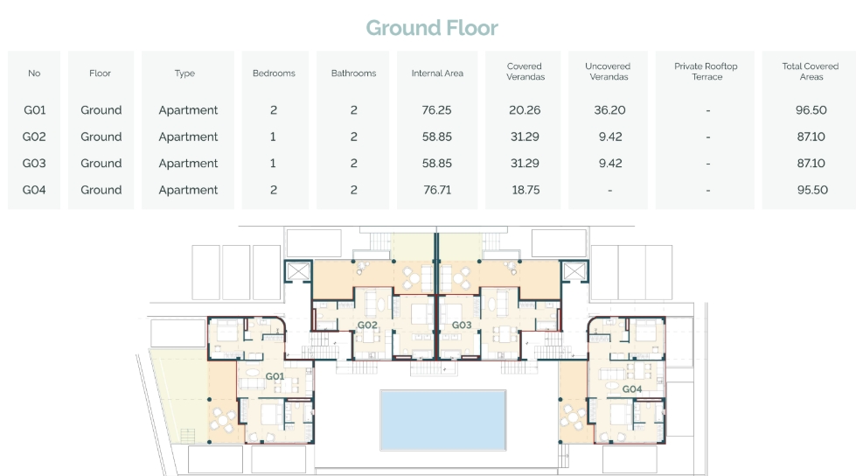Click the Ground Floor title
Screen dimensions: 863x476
pyautogui.click(x=432, y=27)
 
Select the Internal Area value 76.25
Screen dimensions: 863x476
pyautogui.click(x=436, y=110)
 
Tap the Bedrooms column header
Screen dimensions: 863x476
pyautogui.click(x=274, y=73)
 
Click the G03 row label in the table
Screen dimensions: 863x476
pyautogui.click(x=34, y=163)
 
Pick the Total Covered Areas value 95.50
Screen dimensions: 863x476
pyautogui.click(x=811, y=190)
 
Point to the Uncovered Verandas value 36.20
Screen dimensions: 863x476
pyautogui.click(x=609, y=110)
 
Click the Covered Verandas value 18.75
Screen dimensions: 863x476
pyautogui.click(x=525, y=190)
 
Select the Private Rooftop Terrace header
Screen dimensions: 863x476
pyautogui.click(x=706, y=72)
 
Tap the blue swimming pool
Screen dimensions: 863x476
pyautogui.click(x=443, y=420)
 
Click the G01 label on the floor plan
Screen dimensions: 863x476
pyautogui.click(x=275, y=376)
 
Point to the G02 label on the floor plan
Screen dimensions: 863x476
pyautogui.click(x=367, y=325)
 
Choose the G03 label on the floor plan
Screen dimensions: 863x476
pyautogui.click(x=462, y=325)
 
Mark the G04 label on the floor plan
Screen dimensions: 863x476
pyautogui.click(x=632, y=389)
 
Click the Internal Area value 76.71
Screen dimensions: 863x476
pyautogui.click(x=437, y=190)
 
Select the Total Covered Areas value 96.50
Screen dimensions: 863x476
pyautogui.click(x=811, y=110)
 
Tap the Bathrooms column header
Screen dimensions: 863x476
pyautogui.click(x=353, y=73)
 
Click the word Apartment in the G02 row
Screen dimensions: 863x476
pyautogui.click(x=188, y=136)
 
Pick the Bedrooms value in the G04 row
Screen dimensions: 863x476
pyautogui.click(x=274, y=190)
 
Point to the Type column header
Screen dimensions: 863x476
pyautogui.click(x=185, y=73)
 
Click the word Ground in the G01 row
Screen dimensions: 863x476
pyautogui.click(x=101, y=110)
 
